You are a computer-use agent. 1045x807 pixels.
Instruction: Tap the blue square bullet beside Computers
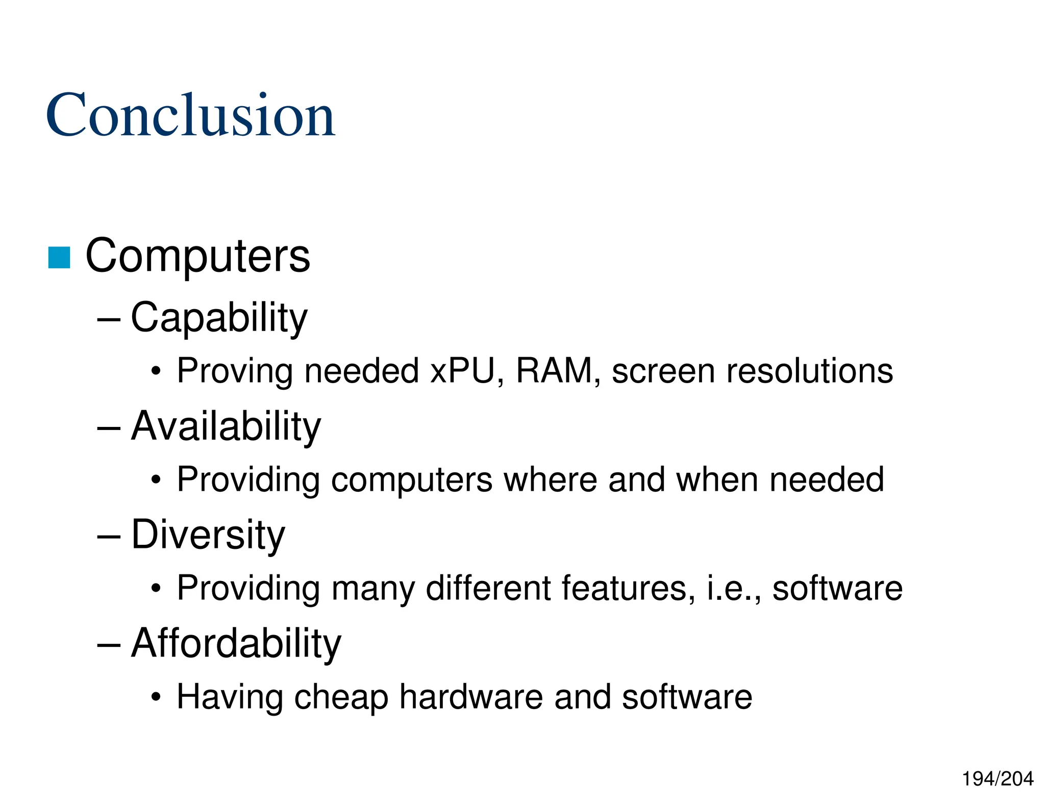(59, 257)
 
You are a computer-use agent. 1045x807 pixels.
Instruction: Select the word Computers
(197, 256)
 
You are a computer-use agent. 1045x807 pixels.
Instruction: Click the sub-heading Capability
(219, 318)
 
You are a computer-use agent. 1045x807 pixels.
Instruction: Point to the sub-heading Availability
(226, 426)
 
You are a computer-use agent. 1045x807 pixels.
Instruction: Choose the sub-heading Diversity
(208, 535)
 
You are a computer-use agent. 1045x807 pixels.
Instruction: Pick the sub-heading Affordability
(236, 643)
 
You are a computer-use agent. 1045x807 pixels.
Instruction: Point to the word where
(550, 480)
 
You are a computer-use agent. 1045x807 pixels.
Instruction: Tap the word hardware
(470, 697)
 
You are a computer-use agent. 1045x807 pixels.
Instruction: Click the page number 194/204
(998, 779)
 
